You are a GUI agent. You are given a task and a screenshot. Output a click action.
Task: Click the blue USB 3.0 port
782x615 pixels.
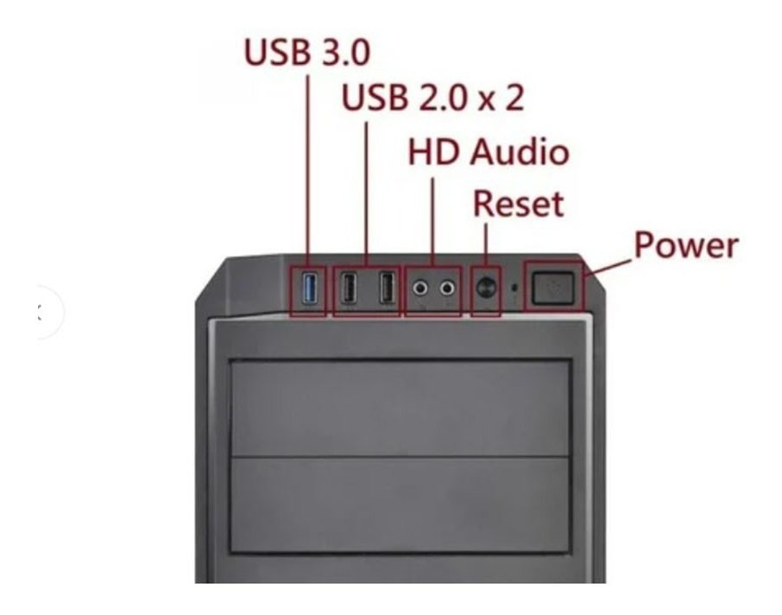(x=310, y=288)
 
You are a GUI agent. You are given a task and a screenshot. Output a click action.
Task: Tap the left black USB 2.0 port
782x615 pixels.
(x=348, y=288)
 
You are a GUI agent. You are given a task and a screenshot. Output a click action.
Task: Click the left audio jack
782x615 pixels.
(x=421, y=288)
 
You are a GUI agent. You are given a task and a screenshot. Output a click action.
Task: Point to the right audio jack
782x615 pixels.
(x=447, y=288)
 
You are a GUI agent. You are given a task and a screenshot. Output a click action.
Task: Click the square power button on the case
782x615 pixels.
(x=552, y=288)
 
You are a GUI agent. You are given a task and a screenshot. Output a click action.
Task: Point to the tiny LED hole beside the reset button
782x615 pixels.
(x=515, y=288)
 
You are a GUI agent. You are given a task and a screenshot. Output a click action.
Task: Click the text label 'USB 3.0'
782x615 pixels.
(x=306, y=52)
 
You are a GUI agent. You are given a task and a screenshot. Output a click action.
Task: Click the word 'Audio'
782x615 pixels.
(x=520, y=152)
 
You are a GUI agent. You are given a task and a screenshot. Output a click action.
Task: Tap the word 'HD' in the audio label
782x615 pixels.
(x=433, y=152)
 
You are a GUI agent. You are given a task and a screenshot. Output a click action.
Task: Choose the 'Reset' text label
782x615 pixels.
(x=518, y=204)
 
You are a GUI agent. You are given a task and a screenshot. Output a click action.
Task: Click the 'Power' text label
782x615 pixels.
(x=686, y=245)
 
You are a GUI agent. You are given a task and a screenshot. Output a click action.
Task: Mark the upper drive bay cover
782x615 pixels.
(x=400, y=408)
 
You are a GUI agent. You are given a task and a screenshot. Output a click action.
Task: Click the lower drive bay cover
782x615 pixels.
(x=400, y=504)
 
